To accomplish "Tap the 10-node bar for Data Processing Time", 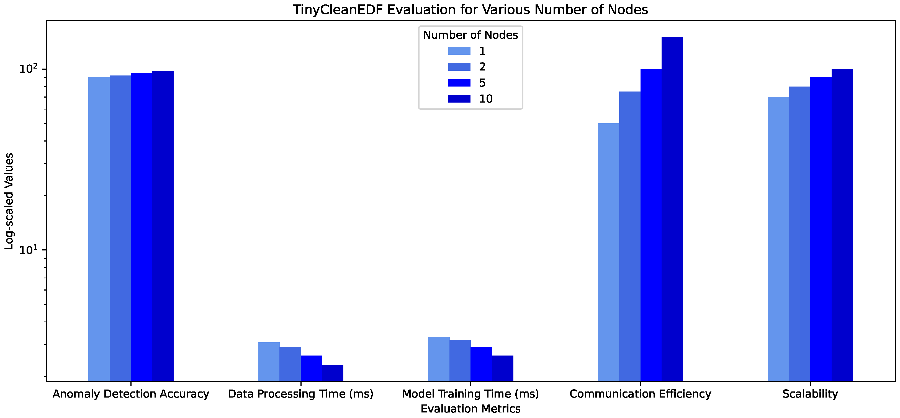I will [333, 373].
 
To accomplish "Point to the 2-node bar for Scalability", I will [799, 234].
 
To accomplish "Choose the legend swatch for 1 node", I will [459, 51].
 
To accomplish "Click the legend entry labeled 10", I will [486, 99].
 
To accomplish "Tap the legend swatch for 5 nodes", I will [459, 83].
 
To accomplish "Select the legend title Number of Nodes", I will [470, 35].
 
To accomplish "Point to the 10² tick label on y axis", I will [28, 69].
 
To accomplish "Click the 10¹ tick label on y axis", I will [28, 250].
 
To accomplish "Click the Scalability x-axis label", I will [810, 394].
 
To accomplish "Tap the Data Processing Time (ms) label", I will [300, 394].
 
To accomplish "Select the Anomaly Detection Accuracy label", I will [131, 394].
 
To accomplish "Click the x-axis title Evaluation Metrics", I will [470, 409].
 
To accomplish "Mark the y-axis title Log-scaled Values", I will [9, 201].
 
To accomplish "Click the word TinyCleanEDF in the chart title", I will [338, 10].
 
